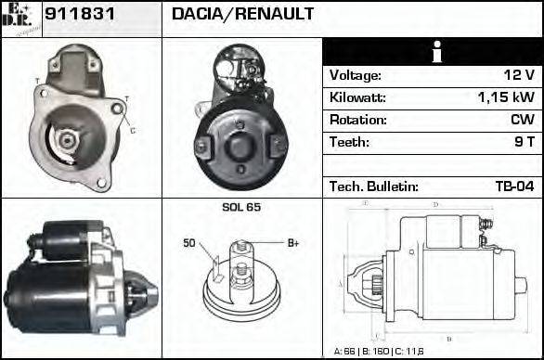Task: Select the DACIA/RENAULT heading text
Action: click(242, 14)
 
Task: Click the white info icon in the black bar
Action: click(433, 52)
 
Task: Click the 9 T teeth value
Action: click(525, 142)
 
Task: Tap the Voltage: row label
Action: click(356, 75)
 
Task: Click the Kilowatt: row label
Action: click(357, 97)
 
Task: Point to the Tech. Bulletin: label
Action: click(374, 186)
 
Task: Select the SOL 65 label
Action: click(241, 207)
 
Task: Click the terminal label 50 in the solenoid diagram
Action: click(189, 244)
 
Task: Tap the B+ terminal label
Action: click(292, 243)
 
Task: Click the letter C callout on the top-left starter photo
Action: click(133, 131)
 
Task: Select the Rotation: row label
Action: click(357, 120)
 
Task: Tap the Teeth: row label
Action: click(350, 142)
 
